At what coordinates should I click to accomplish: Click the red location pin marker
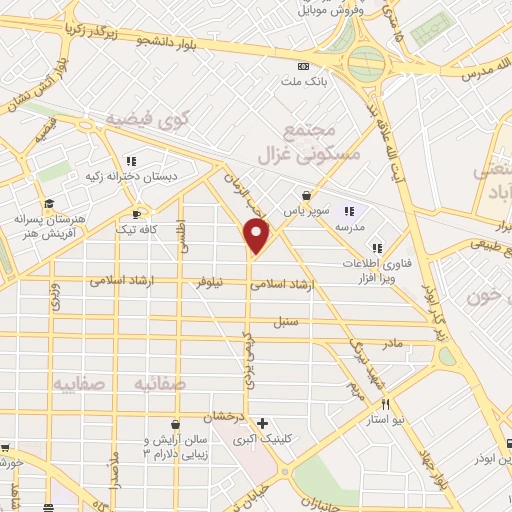257,236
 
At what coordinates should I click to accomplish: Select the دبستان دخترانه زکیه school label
132,176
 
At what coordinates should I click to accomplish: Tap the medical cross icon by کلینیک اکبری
262,423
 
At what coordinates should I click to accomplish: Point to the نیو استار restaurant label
386,420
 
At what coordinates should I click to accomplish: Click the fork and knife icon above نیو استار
386,404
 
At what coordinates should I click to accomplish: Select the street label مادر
391,343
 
